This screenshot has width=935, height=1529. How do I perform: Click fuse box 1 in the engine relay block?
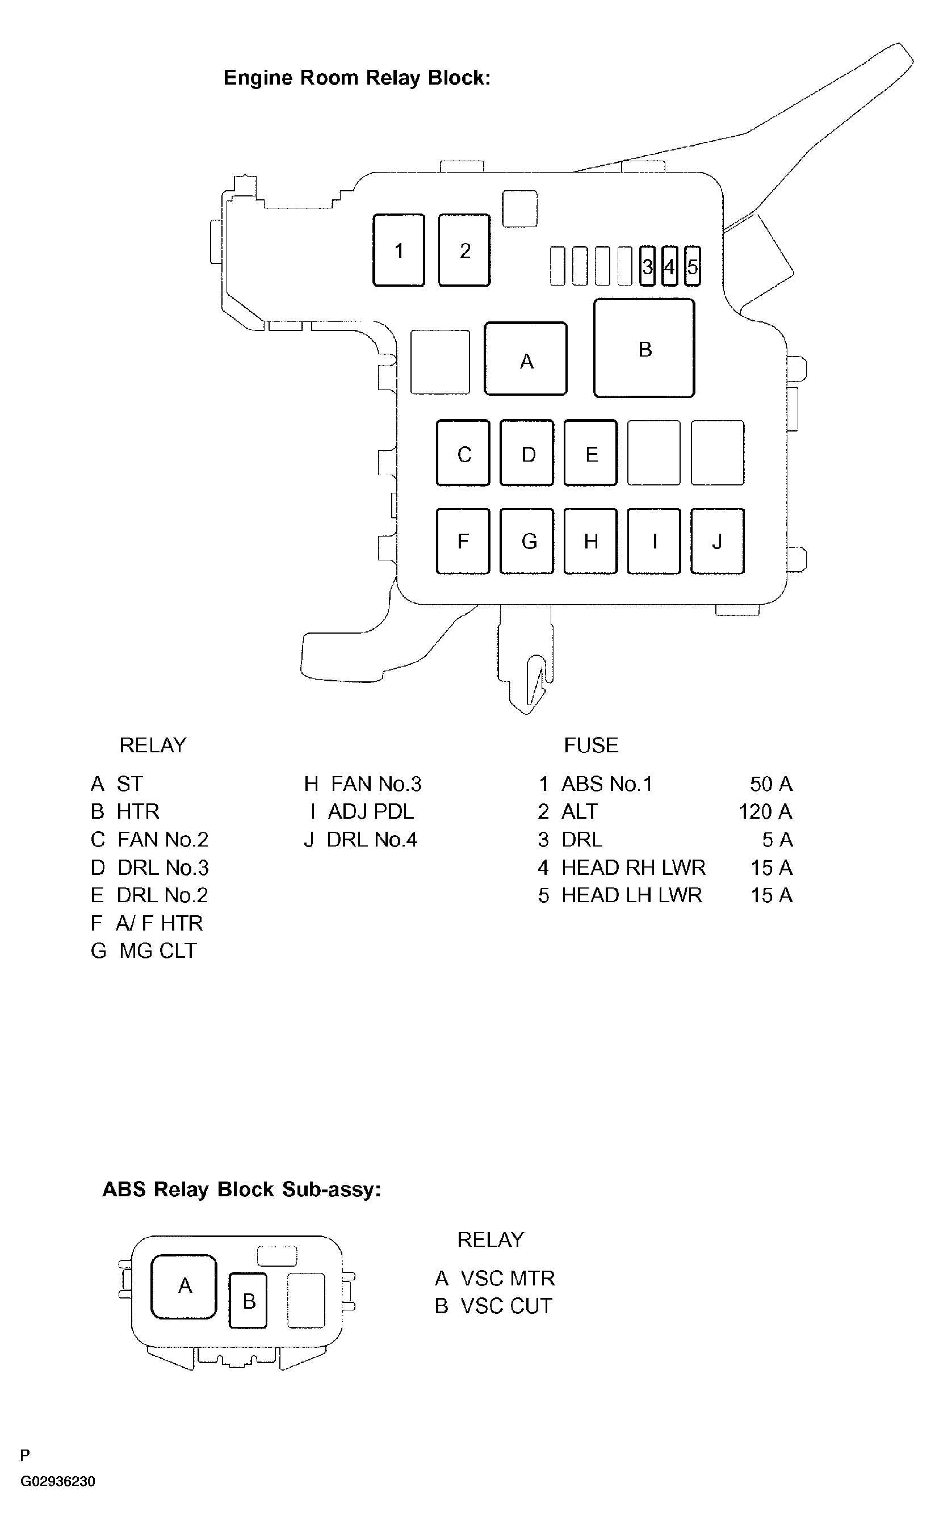pyautogui.click(x=399, y=250)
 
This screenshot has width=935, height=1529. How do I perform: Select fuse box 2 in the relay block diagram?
pyautogui.click(x=464, y=250)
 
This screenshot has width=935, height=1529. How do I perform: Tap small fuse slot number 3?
pyautogui.click(x=647, y=267)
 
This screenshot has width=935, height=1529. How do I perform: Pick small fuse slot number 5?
pyautogui.click(x=693, y=267)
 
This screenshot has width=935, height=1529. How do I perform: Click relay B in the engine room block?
pyautogui.click(x=644, y=348)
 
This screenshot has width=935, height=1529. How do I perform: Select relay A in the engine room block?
pyautogui.click(x=526, y=359)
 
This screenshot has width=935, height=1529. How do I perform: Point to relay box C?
pyautogui.click(x=463, y=453)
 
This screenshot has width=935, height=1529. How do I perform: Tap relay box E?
pyautogui.click(x=590, y=453)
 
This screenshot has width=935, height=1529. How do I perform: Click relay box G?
pyautogui.click(x=527, y=541)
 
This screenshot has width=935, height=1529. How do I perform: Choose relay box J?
pyautogui.click(x=717, y=541)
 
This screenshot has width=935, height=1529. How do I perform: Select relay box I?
pyautogui.click(x=654, y=541)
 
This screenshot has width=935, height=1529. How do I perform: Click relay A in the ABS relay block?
pyautogui.click(x=183, y=1286)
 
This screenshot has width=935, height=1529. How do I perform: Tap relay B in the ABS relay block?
pyautogui.click(x=248, y=1301)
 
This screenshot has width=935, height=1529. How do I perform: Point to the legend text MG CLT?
pyautogui.click(x=158, y=950)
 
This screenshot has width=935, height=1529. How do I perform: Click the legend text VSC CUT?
pyautogui.click(x=506, y=1306)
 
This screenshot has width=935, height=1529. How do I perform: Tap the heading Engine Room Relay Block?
pyautogui.click(x=357, y=78)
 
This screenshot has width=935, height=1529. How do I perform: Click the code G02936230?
pyautogui.click(x=58, y=1481)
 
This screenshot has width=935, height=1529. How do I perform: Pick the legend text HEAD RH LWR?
pyautogui.click(x=633, y=868)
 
